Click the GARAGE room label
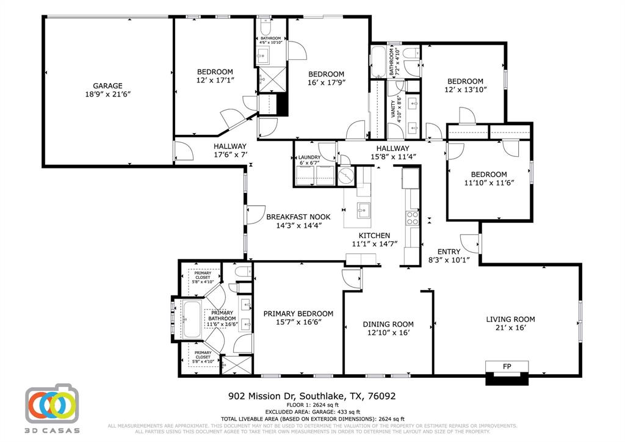pyautogui.click(x=107, y=85)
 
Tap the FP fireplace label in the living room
pyautogui.click(x=507, y=366)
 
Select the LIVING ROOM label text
pyautogui.click(x=510, y=319)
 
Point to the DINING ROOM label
pyautogui.click(x=388, y=324)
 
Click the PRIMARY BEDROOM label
pyautogui.click(x=298, y=313)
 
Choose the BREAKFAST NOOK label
pyautogui.click(x=298, y=217)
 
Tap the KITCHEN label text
pyautogui.click(x=374, y=236)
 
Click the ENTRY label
pyautogui.click(x=449, y=252)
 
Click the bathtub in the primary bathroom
pyautogui.click(x=193, y=319)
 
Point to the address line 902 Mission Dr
pyautogui.click(x=311, y=396)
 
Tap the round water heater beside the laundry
pyautogui.click(x=346, y=175)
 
